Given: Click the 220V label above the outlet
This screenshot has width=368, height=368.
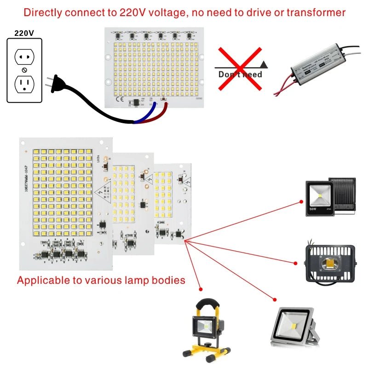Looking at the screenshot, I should pos(24,33).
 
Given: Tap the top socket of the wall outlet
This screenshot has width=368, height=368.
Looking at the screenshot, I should pos(24,57).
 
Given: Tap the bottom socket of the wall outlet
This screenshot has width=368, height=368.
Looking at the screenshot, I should pos(24,84).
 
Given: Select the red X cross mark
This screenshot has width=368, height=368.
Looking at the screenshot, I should pos(239,68).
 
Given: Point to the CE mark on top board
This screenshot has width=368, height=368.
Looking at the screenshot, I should pos(119,98).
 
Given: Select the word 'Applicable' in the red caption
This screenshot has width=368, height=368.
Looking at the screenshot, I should pos(40,280).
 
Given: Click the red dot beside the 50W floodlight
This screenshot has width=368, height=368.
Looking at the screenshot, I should pos(301,201).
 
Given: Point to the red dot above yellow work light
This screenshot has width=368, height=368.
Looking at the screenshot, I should pos(201,289).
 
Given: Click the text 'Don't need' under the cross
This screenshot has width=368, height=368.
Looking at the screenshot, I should pos(240,75).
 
